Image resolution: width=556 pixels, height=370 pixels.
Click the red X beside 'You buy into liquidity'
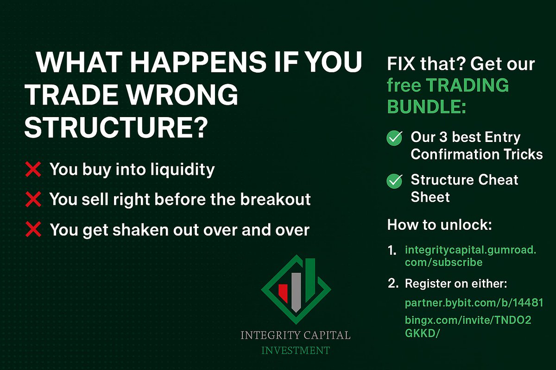(x=34, y=170)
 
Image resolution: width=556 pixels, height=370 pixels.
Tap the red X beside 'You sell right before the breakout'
(x=34, y=200)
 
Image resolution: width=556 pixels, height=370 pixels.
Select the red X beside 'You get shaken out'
(x=34, y=230)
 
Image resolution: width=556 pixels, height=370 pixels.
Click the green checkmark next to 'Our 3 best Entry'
(x=394, y=138)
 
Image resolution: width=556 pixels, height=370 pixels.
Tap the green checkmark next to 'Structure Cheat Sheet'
(x=394, y=181)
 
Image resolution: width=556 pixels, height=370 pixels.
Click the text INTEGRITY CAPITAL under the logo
(x=295, y=335)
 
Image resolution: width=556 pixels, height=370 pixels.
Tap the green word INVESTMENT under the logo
(x=295, y=350)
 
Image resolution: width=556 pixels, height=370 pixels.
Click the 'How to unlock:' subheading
(x=439, y=225)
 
